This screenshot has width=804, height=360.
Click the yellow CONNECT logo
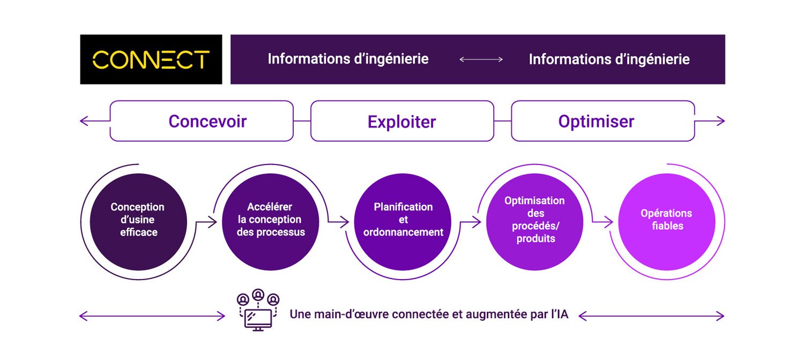(x=151, y=59)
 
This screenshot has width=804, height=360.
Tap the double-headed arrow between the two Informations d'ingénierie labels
(x=481, y=59)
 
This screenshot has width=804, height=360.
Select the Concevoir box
(x=202, y=121)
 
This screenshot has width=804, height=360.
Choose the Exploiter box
(x=402, y=122)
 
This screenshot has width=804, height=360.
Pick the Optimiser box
(x=602, y=121)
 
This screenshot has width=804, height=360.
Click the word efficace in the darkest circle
(x=138, y=232)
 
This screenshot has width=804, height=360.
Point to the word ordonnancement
(x=403, y=232)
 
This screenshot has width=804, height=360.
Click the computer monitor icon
(x=258, y=319)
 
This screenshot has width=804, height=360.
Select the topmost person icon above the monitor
(x=258, y=294)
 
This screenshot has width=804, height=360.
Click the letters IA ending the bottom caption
(x=562, y=315)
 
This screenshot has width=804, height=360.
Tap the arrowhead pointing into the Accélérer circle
(x=213, y=221)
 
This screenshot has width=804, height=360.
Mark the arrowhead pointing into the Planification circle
(x=345, y=221)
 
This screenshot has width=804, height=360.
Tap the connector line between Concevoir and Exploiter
(x=302, y=122)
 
